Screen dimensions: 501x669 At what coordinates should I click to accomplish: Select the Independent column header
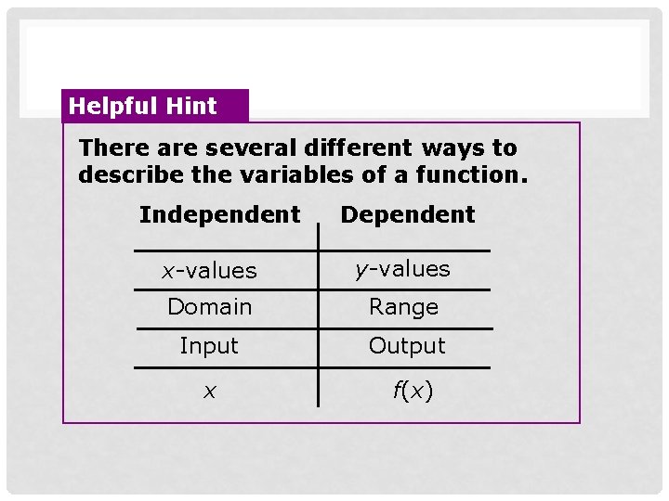click(220, 215)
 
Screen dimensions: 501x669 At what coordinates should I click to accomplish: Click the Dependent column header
click(408, 215)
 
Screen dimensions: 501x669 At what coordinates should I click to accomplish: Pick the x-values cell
click(209, 271)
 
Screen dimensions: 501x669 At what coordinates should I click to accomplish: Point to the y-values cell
click(402, 269)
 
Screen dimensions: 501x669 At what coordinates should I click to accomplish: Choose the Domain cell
click(209, 307)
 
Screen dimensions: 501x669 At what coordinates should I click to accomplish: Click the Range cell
click(403, 307)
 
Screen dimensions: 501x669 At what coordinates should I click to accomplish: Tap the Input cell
click(209, 346)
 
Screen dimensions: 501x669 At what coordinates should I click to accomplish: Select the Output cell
click(407, 346)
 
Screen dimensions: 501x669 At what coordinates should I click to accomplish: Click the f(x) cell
click(413, 392)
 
